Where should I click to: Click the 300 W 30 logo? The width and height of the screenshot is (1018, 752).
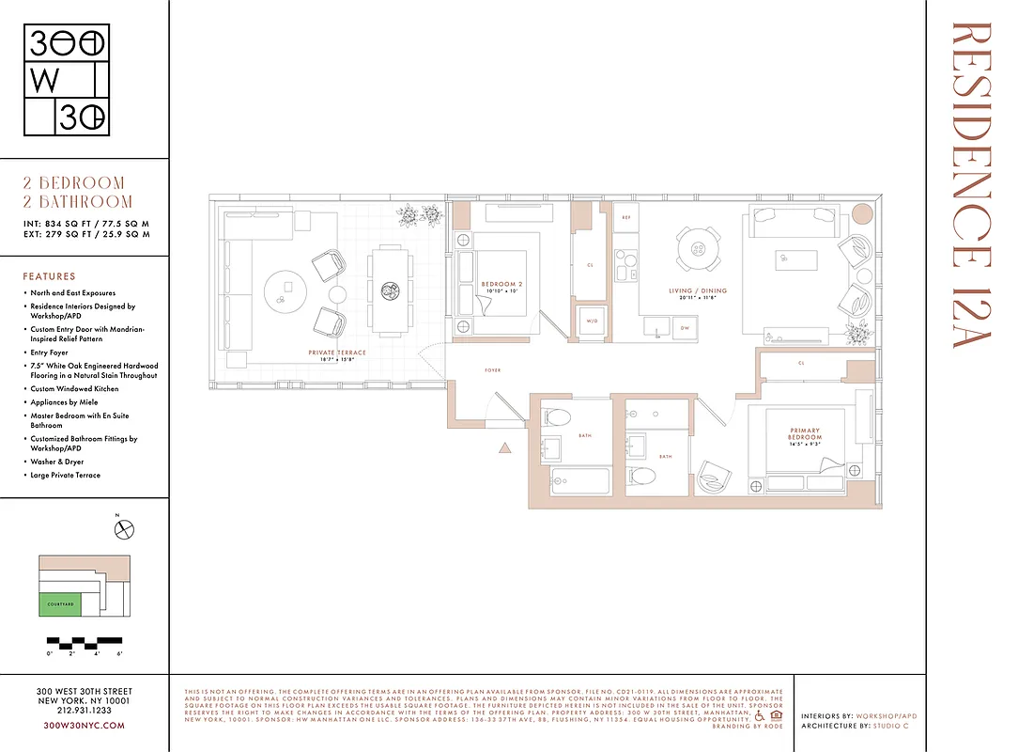[x=67, y=80]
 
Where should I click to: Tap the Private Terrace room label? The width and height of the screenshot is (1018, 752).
[x=336, y=352]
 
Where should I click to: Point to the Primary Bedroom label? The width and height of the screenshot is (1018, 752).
[x=805, y=435]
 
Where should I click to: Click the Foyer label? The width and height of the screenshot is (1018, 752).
[x=492, y=370]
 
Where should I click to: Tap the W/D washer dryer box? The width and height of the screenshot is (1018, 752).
[x=592, y=321]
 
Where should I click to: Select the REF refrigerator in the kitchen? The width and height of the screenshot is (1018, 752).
[x=625, y=217]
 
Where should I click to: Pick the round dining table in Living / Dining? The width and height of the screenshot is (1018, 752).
[x=697, y=247]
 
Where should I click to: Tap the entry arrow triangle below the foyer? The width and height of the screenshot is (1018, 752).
[x=505, y=448]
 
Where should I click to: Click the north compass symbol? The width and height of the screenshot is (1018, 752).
[x=124, y=529]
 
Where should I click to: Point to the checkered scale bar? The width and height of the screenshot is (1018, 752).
[x=85, y=643]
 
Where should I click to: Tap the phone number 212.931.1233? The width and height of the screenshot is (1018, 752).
[x=85, y=712]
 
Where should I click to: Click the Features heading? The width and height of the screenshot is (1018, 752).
[x=49, y=276]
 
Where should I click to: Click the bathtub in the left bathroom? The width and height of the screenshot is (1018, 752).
[x=578, y=481]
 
